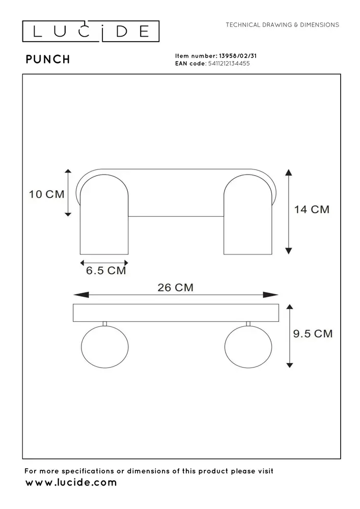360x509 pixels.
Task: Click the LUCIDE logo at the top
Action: tap(91, 32)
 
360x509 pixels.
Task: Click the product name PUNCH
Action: tap(48, 60)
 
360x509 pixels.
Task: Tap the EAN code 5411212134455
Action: tap(228, 64)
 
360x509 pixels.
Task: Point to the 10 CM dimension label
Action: tap(46, 194)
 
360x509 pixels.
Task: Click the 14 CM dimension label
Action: tap(312, 209)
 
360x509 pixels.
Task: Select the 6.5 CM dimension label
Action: tap(105, 271)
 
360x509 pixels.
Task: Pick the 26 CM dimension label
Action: tap(175, 288)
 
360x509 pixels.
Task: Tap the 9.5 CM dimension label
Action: tap(313, 334)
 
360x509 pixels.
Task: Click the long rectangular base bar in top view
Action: tap(176, 313)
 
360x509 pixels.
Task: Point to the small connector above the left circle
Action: tap(104, 324)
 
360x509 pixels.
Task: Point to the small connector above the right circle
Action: tap(248, 324)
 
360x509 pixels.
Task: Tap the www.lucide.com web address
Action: tap(71, 483)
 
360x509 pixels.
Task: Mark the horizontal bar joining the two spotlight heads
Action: tap(176, 216)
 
